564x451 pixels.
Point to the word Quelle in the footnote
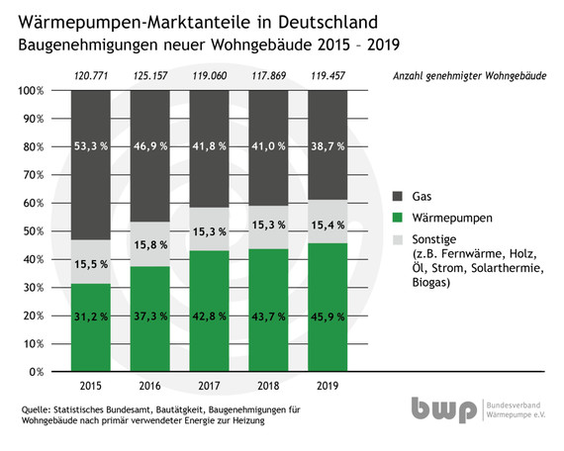coord(36,408)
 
